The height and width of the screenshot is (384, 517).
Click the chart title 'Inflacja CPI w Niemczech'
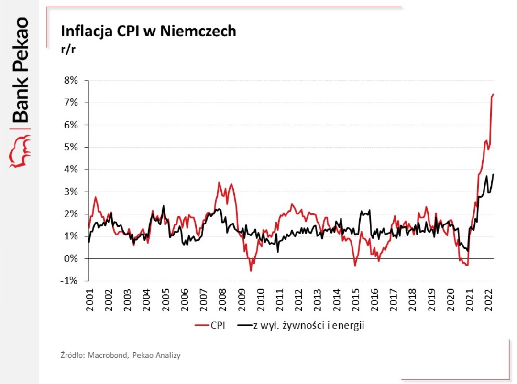148,31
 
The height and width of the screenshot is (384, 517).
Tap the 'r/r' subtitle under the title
67,49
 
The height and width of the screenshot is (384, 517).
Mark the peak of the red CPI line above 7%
493,95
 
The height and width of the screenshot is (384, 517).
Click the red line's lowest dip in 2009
251,271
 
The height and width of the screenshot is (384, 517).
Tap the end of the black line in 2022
493,174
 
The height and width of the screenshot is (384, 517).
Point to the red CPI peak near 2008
219,182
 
